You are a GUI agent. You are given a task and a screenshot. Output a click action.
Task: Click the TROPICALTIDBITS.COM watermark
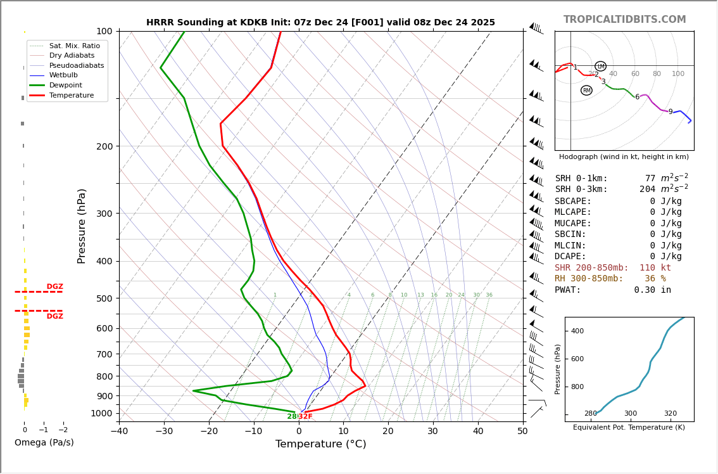tap(624, 20)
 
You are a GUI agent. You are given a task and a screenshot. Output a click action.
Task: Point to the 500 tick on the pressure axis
tap(104, 298)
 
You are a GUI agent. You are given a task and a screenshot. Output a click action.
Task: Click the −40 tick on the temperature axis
tap(119, 432)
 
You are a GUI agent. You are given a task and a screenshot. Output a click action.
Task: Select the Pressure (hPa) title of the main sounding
tap(82, 226)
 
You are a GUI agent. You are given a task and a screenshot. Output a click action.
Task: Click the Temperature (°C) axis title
tap(320, 444)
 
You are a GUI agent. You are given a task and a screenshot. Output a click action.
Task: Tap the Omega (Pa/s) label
tap(44, 442)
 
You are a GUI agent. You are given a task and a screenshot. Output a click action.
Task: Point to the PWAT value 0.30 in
tap(652, 290)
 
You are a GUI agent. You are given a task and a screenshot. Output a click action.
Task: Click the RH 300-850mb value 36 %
tap(655, 279)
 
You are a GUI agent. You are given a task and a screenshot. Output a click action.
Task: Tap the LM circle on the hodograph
tap(600, 67)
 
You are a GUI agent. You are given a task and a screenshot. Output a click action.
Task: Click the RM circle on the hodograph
tap(586, 91)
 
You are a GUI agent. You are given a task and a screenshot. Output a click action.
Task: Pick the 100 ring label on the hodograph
tap(678, 74)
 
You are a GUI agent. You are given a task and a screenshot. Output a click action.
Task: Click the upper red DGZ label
tap(54, 287)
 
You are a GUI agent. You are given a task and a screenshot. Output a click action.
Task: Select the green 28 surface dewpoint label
tap(292, 416)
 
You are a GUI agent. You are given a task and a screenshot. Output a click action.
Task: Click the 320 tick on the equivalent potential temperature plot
tap(670, 414)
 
